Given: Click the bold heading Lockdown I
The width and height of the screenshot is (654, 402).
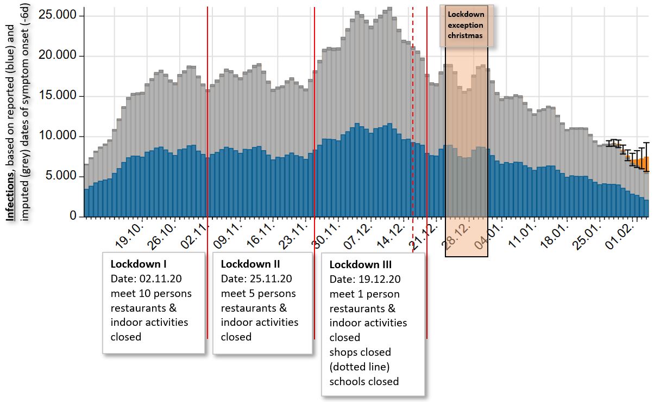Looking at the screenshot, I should (x=139, y=264).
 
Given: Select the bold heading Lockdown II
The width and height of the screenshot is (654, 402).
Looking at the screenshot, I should (x=250, y=264).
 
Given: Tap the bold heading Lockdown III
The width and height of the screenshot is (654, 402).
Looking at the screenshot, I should (x=361, y=265).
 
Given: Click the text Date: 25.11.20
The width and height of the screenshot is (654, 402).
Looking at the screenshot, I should (x=256, y=279).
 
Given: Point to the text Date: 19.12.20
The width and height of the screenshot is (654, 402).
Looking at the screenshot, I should (x=365, y=280).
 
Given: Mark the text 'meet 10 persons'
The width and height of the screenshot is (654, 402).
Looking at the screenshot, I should (x=151, y=293).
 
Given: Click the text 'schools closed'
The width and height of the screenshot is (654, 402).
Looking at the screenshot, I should (x=364, y=381).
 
